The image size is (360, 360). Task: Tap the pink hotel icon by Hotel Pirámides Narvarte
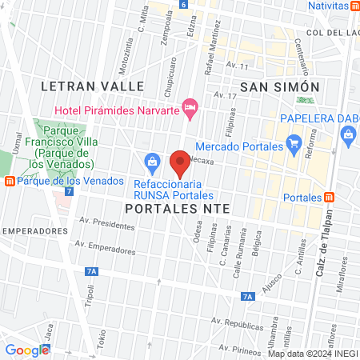point(190,106)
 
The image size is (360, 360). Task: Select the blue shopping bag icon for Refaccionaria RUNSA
point(151,163)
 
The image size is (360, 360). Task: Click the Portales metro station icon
point(330,198)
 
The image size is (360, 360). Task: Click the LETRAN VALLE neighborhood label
point(93,86)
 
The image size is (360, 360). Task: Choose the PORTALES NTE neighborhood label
point(177,207)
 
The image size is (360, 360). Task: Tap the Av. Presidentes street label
point(107,226)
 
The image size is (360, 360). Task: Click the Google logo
point(27,350)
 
